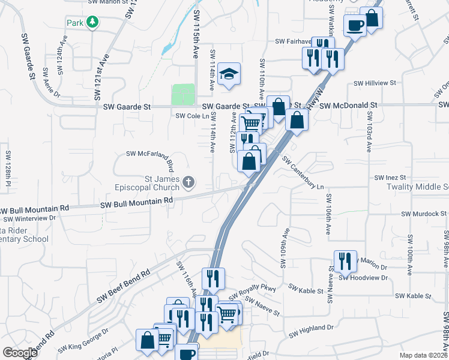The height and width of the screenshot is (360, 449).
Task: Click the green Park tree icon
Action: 92,22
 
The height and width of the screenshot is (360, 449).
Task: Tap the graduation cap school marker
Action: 229,74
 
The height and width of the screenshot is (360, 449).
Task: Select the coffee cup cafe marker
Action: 354,25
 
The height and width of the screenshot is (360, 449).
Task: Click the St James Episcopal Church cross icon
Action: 188,181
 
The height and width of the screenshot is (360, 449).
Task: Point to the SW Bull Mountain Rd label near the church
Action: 136,202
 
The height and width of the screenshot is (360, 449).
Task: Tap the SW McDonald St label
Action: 348,106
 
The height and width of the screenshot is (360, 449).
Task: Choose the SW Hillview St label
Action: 375,83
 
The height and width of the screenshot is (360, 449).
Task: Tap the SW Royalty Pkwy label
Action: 252,290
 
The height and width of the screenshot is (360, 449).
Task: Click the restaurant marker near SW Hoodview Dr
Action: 345,261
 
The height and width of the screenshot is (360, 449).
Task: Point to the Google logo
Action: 19,353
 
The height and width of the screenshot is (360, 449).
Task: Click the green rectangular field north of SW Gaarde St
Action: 183,95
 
